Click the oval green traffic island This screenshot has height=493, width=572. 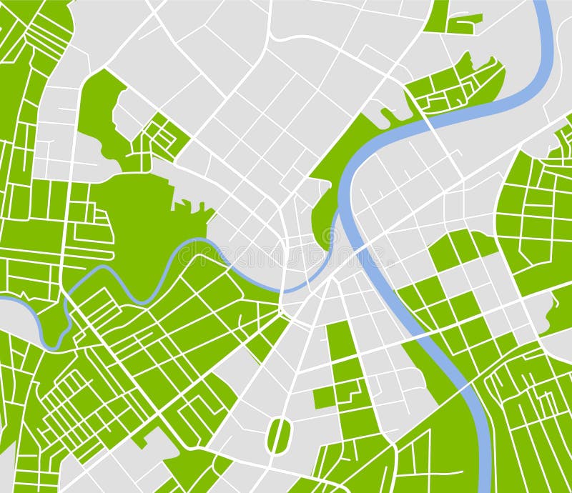[279, 435]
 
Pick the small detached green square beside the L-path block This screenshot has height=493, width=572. [323, 398]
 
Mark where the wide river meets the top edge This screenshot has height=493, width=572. [543, 3]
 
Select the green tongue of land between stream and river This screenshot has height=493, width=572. [325, 214]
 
